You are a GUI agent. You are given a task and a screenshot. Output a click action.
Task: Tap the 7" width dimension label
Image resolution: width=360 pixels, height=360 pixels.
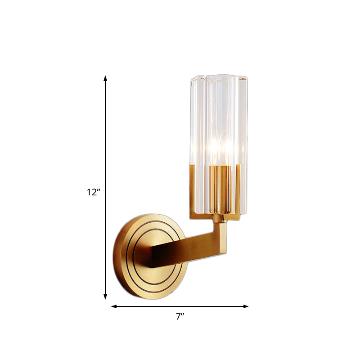180,317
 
